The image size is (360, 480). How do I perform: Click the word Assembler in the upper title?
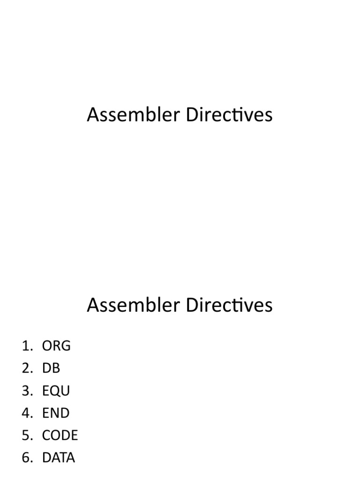coord(133,114)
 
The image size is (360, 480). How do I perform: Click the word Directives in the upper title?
coord(229,114)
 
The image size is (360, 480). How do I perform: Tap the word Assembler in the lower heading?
coord(133,305)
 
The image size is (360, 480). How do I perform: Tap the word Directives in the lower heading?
coord(229,305)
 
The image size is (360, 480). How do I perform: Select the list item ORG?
coord(56,346)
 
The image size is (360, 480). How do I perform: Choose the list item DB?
coord(51,368)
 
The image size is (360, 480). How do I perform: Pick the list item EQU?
coord(56,390)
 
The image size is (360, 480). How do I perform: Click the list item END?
coord(56,413)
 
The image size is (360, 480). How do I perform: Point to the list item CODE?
coord(60,435)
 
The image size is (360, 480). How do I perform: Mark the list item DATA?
coord(59,457)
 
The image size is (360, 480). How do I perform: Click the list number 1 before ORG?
coord(27,346)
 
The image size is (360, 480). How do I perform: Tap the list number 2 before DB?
coord(27,368)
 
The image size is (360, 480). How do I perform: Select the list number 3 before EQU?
coord(27,390)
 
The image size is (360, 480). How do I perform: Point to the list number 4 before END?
coord(27,413)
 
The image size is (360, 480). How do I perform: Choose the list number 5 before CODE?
coord(27,435)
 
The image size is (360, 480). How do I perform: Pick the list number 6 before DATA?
coord(27,457)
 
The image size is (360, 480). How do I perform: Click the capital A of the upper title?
coord(93,114)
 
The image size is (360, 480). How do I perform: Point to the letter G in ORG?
coord(66,346)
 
